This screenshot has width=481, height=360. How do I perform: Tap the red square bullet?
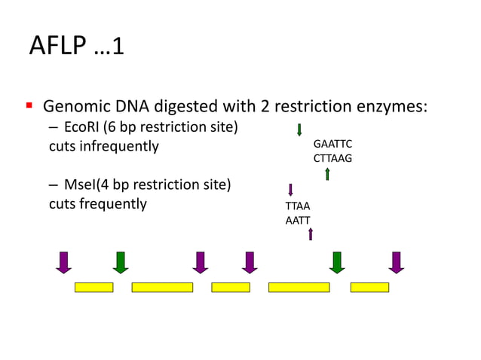click(29, 105)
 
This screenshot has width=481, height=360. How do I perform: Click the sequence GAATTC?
click(332, 144)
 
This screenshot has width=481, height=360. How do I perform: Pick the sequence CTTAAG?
click(332, 158)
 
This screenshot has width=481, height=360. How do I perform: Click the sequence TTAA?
click(297, 206)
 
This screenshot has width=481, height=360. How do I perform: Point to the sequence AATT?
click(297, 220)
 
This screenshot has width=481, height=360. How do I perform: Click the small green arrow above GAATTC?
click(299, 130)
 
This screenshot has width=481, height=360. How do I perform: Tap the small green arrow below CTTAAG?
click(327, 174)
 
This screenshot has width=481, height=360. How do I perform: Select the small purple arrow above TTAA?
click(290, 190)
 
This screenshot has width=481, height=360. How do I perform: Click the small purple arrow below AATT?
click(311, 235)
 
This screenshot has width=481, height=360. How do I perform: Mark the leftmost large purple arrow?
click(63, 261)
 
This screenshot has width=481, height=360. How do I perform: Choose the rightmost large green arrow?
click(337, 261)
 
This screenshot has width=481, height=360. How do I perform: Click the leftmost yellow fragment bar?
click(93, 287)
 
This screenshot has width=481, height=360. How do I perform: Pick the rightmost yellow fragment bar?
click(369, 287)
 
